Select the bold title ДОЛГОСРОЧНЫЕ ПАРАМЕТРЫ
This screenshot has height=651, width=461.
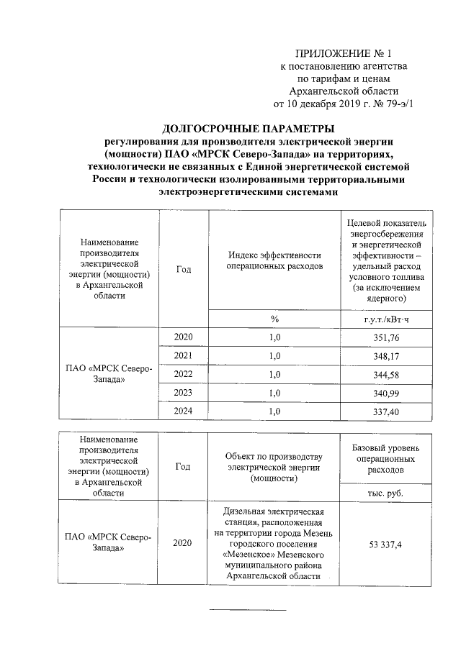point(248,129)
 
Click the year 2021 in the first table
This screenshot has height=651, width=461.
point(183,356)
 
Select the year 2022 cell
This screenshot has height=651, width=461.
point(183,375)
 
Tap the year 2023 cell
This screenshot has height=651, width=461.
point(183,393)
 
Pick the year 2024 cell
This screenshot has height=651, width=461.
point(183,412)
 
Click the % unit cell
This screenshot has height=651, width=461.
point(274,319)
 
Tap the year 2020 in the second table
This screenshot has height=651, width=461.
point(183,544)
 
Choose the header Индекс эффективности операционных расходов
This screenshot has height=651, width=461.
point(274,260)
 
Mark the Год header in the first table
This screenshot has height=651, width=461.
point(183,268)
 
